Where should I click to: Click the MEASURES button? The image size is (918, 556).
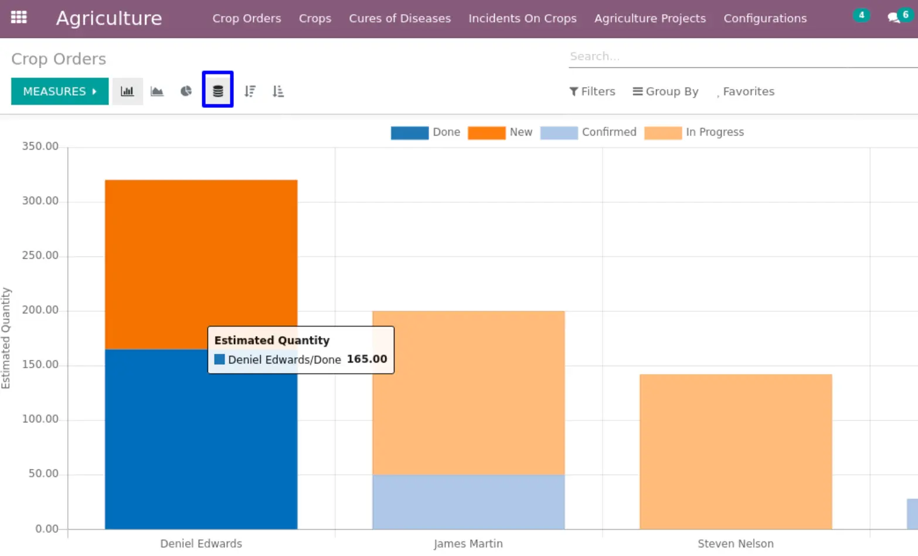click(x=60, y=91)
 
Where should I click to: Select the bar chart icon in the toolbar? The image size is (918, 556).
click(x=127, y=91)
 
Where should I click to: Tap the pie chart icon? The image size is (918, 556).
click(x=186, y=91)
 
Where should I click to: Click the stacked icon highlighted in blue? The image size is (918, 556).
click(x=217, y=89)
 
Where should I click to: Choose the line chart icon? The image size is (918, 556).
click(x=157, y=91)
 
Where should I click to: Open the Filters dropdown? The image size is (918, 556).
click(x=592, y=91)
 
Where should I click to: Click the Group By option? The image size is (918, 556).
click(x=665, y=91)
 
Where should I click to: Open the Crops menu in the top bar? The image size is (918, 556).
click(x=315, y=18)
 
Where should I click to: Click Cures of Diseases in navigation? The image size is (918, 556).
click(x=400, y=18)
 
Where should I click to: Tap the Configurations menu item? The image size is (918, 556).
click(x=765, y=18)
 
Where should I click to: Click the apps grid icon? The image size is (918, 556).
click(x=19, y=18)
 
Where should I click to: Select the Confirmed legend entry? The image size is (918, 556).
click(x=588, y=133)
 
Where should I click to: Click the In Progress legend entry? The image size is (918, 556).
click(x=694, y=133)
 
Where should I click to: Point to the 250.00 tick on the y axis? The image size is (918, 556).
click(x=40, y=256)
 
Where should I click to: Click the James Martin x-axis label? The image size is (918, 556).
click(x=468, y=544)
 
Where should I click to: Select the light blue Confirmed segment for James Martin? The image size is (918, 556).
click(x=468, y=502)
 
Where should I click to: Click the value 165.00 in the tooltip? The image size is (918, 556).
click(x=367, y=359)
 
